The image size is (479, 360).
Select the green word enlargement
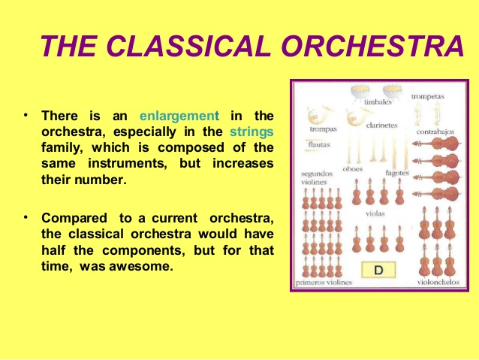click(179, 116)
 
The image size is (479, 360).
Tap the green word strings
click(252, 132)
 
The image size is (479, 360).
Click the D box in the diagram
click(380, 268)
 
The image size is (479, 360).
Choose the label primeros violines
click(324, 283)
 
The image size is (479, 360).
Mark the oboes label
click(352, 169)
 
